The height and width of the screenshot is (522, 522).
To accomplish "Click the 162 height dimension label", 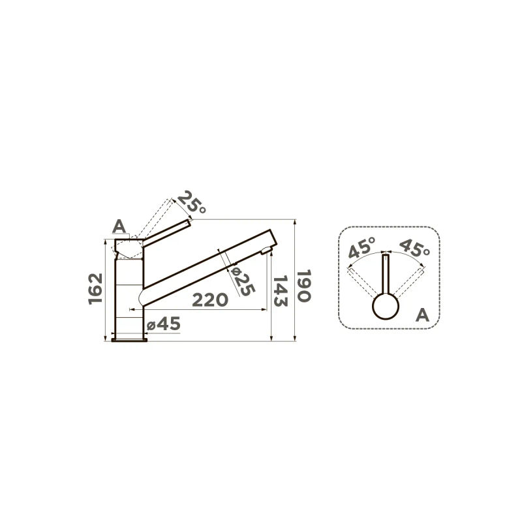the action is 95,288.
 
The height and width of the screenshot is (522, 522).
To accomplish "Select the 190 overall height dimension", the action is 304,286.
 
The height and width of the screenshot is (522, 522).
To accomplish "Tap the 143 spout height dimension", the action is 281,291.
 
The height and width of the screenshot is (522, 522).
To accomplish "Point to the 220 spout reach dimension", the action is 210,300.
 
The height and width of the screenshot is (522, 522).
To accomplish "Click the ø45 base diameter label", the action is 164,324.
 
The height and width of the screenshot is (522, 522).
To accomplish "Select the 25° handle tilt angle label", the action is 192,202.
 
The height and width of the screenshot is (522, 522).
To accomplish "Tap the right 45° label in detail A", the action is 414,248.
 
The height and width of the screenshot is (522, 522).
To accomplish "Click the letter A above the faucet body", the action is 119,226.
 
